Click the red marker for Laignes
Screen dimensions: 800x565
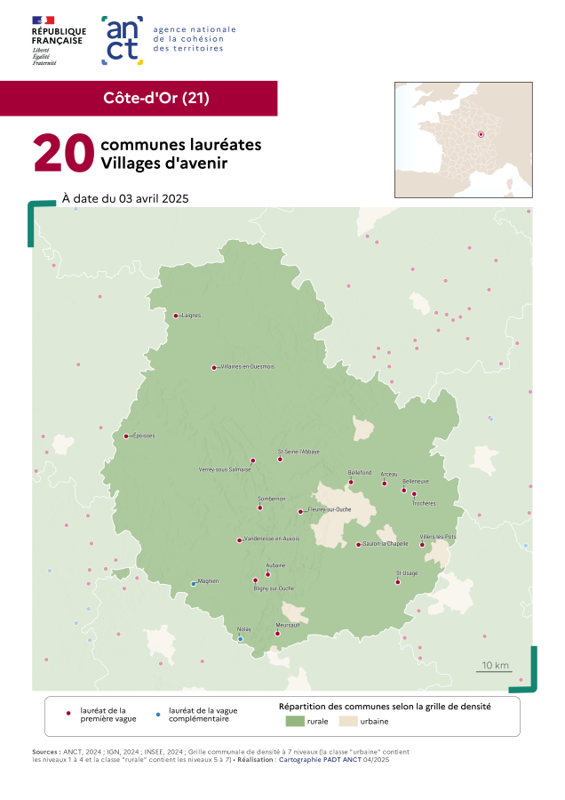(176, 316)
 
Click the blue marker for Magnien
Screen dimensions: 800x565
(194, 584)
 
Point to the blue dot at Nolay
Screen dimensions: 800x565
(240, 638)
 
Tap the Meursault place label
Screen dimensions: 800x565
(288, 625)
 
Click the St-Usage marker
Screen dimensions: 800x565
(397, 582)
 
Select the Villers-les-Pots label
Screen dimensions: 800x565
(438, 537)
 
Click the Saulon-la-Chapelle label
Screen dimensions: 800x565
(386, 544)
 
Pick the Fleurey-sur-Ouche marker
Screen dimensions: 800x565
(300, 511)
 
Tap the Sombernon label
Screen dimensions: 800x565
(271, 499)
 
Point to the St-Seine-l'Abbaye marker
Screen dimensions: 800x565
(280, 460)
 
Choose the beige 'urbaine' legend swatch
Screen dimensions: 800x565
(346, 721)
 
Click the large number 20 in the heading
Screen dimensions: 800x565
(63, 154)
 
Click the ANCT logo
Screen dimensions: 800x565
(123, 40)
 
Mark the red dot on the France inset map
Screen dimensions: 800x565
(481, 134)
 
